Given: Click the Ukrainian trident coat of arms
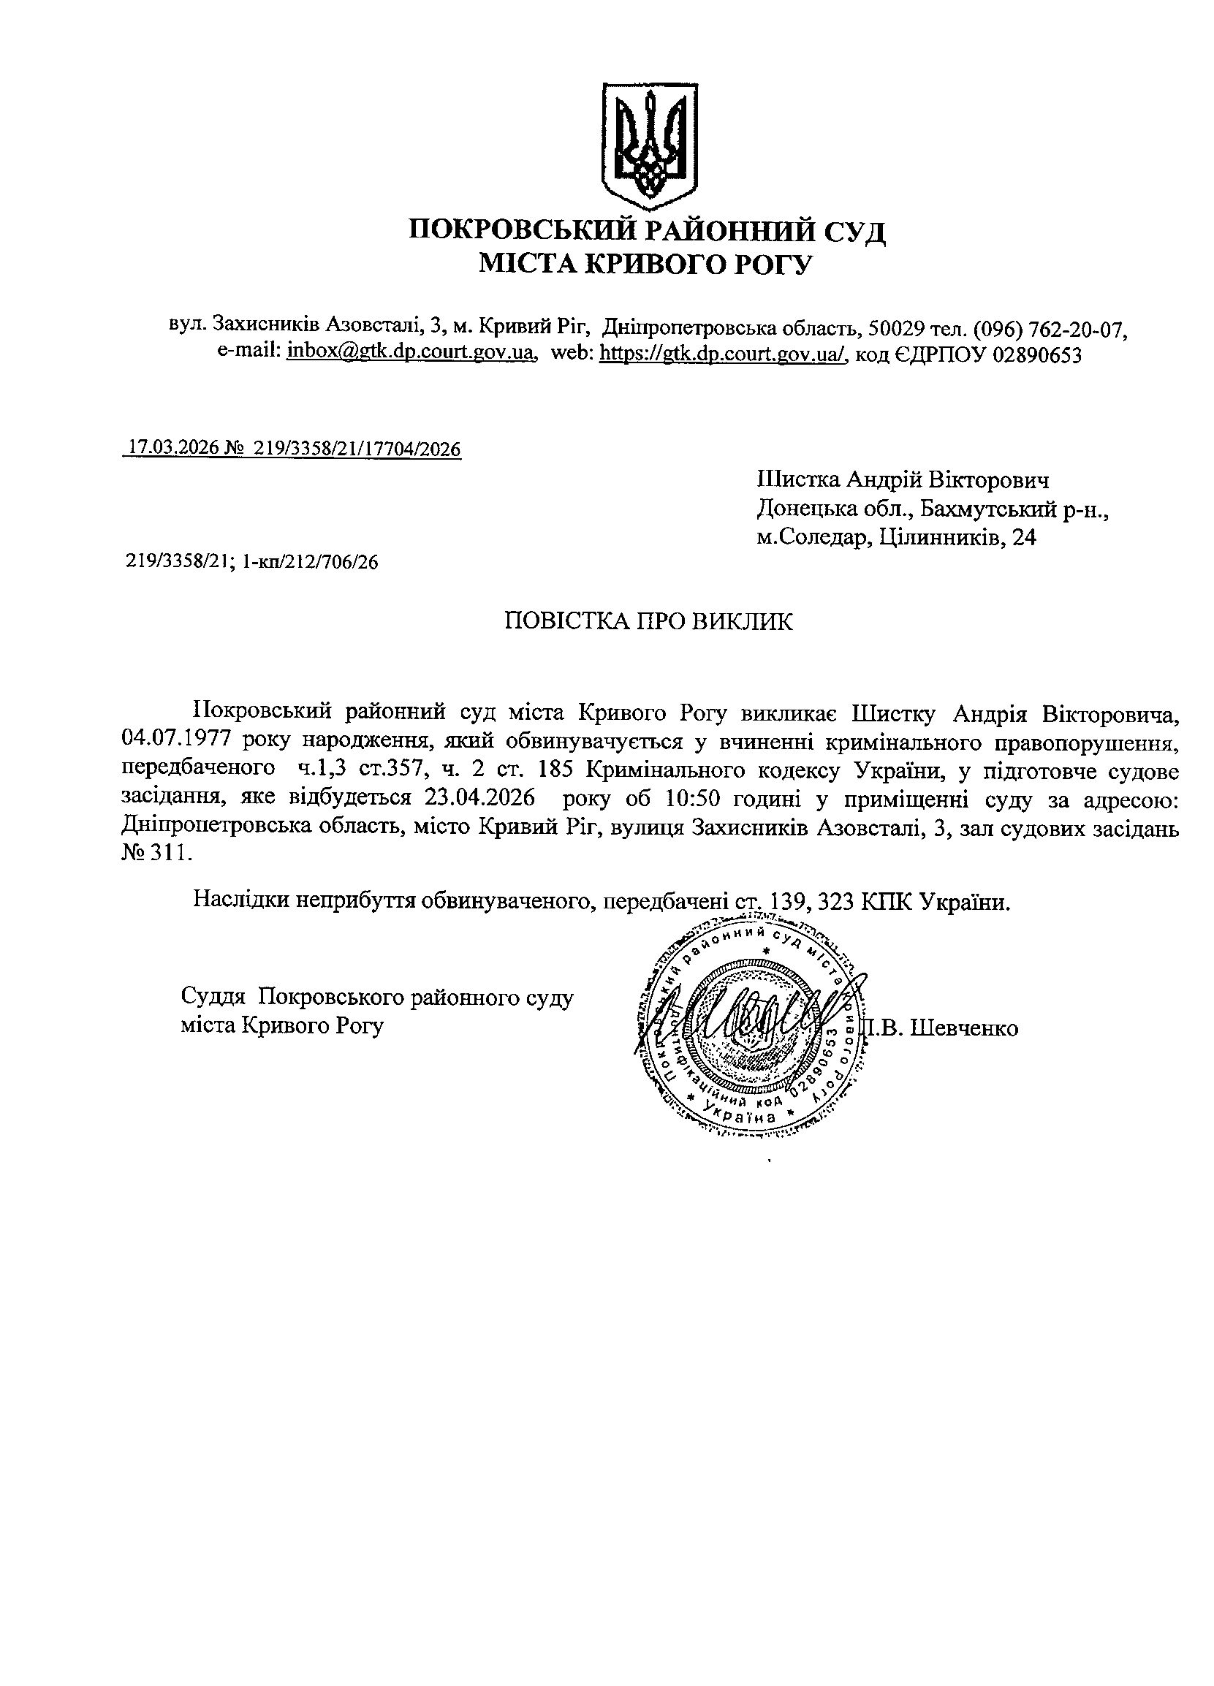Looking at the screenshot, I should [x=648, y=146].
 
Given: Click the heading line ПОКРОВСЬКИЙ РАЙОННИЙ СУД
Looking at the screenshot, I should [x=647, y=231].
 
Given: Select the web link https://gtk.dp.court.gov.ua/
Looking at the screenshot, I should [x=724, y=354].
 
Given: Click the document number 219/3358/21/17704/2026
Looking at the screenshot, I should [x=357, y=448].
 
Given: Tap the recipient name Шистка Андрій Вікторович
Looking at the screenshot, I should [x=903, y=480].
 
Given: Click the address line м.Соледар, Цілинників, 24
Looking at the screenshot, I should [x=896, y=537].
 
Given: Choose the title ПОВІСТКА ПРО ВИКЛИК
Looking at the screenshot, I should [x=648, y=621].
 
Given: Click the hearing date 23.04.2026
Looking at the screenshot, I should [x=480, y=797].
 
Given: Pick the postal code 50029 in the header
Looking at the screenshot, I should [x=895, y=327].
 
